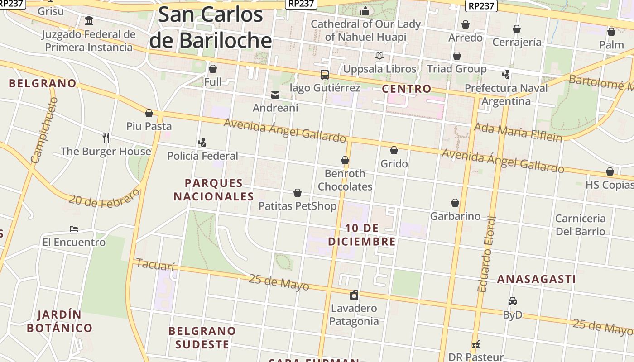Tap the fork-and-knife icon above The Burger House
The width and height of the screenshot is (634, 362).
tap(106, 138)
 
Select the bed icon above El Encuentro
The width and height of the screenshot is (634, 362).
tap(74, 229)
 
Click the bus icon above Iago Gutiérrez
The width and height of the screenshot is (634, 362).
tap(325, 75)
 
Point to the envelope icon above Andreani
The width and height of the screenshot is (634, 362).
tap(275, 95)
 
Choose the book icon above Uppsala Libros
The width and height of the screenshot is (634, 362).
tap(379, 56)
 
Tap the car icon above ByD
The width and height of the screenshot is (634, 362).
tap(513, 301)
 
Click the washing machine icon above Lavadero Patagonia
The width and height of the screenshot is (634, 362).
tap(354, 295)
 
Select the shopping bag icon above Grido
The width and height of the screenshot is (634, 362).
tap(394, 150)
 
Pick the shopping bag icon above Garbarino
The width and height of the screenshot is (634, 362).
tap(455, 203)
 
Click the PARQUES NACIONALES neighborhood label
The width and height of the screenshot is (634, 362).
tap(214, 190)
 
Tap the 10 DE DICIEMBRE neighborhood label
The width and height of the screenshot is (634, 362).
tap(362, 234)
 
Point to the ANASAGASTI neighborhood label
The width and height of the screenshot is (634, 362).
tap(536, 279)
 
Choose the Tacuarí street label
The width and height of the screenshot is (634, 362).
tap(155, 265)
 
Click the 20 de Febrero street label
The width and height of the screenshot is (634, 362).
tap(105, 198)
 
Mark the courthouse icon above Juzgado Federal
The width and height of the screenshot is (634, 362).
tap(89, 21)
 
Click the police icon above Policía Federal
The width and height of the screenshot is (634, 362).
tap(202, 143)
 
